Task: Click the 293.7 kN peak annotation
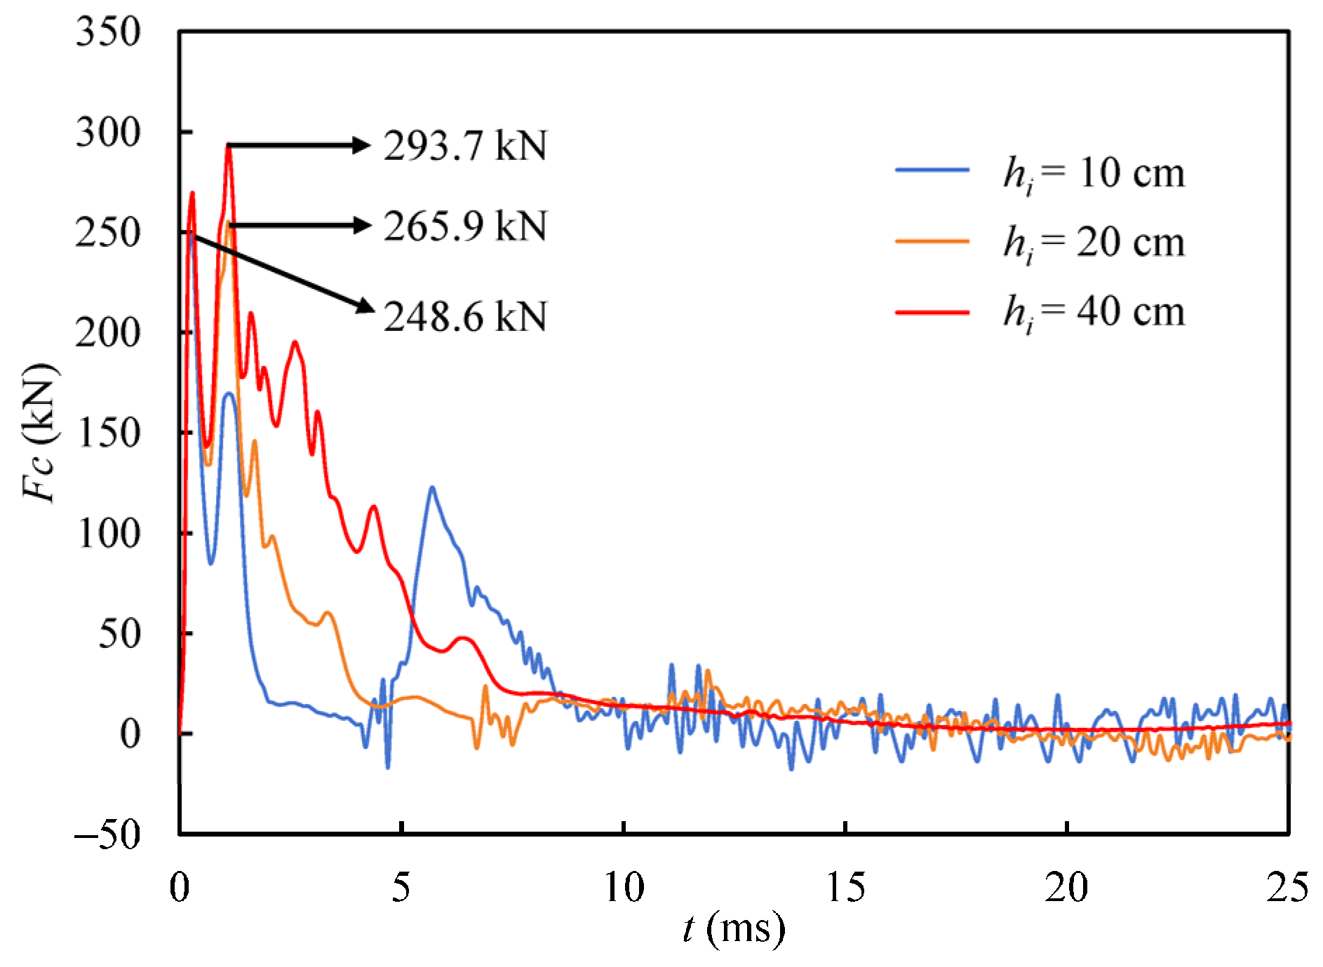(464, 147)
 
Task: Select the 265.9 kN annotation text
(464, 226)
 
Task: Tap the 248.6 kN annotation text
(464, 317)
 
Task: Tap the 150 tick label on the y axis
(109, 433)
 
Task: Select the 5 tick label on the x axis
(401, 888)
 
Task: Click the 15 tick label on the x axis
(845, 888)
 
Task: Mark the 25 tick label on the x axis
(1288, 888)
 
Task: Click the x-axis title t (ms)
(734, 929)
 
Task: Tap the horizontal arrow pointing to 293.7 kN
(298, 146)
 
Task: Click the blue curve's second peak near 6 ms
(431, 488)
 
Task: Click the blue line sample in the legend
(932, 170)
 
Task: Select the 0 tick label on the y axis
(130, 734)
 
